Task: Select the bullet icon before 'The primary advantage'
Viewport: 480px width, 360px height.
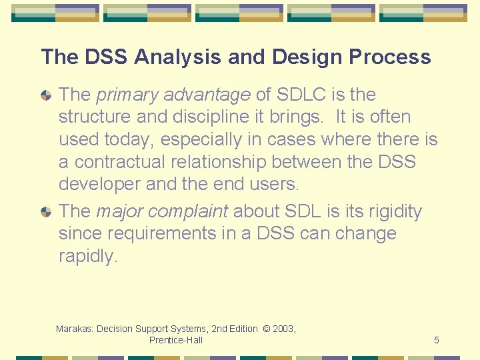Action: tap(46, 95)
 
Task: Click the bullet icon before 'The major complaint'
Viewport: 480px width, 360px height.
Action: tap(46, 212)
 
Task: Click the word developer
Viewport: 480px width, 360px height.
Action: tap(100, 183)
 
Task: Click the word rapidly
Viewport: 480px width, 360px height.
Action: tap(87, 257)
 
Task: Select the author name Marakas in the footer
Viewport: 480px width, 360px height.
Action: tap(75, 329)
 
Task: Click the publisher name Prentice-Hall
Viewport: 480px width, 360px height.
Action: tap(176, 340)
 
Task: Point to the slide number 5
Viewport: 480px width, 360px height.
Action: tap(436, 340)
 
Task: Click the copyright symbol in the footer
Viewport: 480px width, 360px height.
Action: tap(266, 329)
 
